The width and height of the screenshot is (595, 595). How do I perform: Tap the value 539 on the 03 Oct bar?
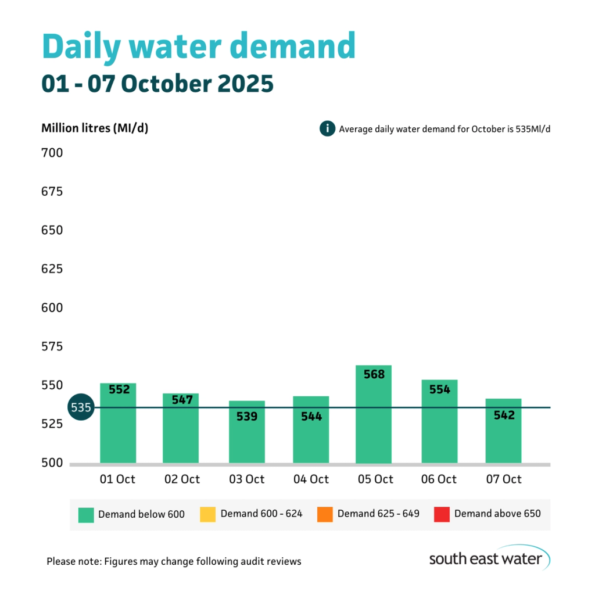coord(246,417)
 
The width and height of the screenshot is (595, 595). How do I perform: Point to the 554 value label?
coord(439,390)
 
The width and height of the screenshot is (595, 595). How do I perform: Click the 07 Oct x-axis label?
coord(503,479)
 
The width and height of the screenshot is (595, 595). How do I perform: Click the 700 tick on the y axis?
coord(51,153)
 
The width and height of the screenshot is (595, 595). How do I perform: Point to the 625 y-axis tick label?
coord(51,269)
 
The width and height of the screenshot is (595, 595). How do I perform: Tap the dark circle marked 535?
coord(81,407)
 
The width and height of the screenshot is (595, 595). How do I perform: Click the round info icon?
coord(327,128)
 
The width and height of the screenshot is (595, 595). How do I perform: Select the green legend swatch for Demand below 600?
coord(86,514)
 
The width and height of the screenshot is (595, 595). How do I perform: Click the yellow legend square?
coord(207,514)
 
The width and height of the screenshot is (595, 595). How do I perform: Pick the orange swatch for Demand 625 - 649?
coord(325,514)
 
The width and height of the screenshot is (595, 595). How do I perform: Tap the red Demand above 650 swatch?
coord(442,514)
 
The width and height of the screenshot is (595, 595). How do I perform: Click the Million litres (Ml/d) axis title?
coord(95,128)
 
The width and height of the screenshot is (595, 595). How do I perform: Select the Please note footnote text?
coord(174,561)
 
